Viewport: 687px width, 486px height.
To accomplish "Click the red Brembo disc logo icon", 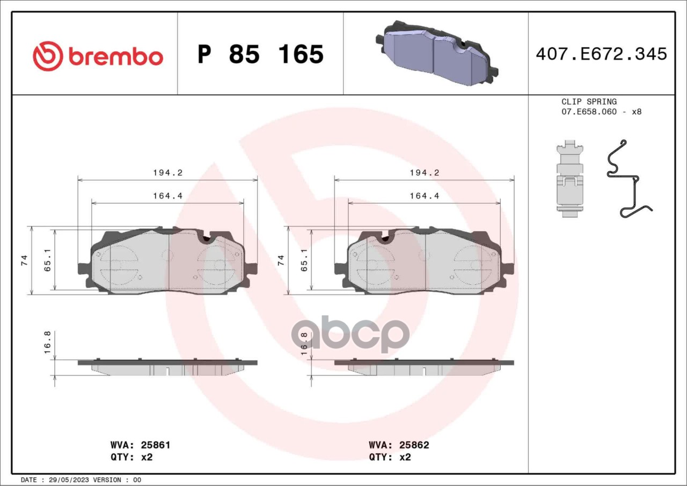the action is pos(48,56).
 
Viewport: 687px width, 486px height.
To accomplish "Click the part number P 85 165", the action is pos(261,54).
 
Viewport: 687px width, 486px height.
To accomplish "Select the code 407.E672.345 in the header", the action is pos(602,54).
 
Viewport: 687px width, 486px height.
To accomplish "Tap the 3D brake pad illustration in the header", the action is pos(437,53).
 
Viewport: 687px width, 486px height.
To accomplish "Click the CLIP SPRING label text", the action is pos(589,101).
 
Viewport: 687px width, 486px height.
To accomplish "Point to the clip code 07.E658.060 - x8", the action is pos(602,112).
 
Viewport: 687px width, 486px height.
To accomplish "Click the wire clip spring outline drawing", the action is pos(628,179).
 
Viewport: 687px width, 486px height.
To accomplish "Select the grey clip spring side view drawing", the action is pos(569,179).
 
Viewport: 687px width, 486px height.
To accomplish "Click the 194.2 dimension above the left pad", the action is pos(168,173).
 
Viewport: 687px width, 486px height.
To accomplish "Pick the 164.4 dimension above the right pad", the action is pos(425,196).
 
